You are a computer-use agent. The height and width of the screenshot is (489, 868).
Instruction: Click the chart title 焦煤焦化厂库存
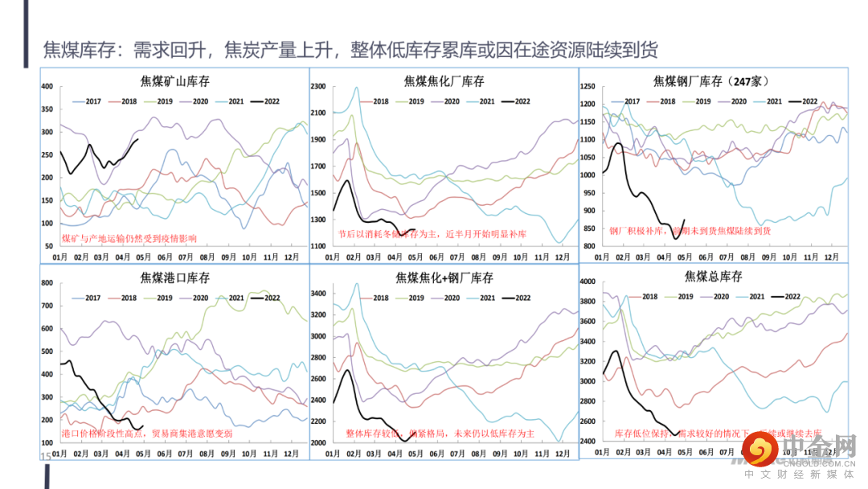pyautogui.click(x=444, y=81)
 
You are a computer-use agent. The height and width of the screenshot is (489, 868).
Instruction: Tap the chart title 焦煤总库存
pyautogui.click(x=714, y=277)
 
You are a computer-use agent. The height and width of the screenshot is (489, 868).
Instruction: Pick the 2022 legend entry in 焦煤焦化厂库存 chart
pyautogui.click(x=516, y=101)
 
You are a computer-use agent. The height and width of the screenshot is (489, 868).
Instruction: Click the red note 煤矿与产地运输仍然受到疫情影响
pyautogui.click(x=129, y=239)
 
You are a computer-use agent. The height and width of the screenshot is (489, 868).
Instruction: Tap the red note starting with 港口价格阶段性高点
pyautogui.click(x=147, y=434)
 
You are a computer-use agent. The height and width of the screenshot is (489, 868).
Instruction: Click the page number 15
pyautogui.click(x=45, y=456)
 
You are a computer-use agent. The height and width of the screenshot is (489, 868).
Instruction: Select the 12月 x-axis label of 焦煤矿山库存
pyautogui.click(x=293, y=257)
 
